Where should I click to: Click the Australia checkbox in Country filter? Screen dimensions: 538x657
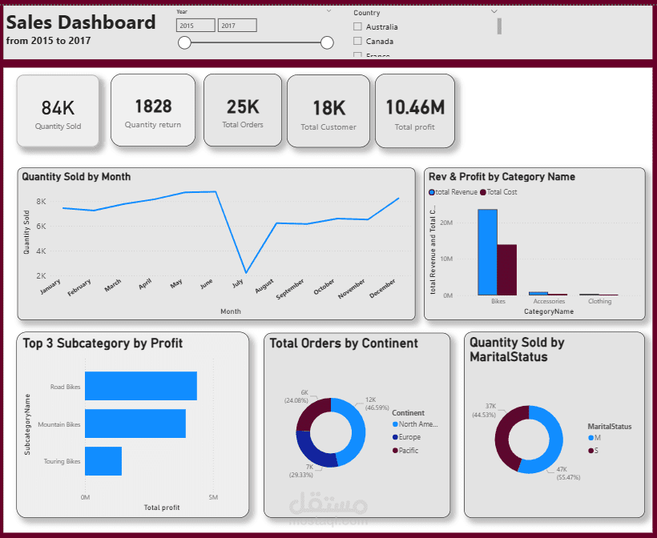[x=357, y=27]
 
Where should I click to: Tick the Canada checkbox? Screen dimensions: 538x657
[x=357, y=41]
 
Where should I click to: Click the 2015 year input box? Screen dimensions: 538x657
[x=195, y=26]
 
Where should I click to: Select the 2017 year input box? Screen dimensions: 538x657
[x=237, y=26]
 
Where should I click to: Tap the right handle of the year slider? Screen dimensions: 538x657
[x=327, y=42]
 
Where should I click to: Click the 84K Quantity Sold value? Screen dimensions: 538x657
[x=58, y=107]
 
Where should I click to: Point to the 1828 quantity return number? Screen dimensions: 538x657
[x=153, y=106]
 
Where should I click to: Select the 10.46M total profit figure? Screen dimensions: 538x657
[x=415, y=107]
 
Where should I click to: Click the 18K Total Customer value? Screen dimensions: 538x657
[x=328, y=108]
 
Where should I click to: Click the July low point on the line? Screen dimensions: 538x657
[x=246, y=273]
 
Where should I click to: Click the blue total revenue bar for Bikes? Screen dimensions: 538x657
[x=487, y=252]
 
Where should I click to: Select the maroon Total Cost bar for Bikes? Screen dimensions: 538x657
[x=506, y=270]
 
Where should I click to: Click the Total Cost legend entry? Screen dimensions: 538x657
[x=503, y=192]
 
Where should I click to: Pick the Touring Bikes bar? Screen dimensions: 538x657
[x=103, y=461]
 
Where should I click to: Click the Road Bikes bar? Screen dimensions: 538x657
[x=140, y=386]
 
